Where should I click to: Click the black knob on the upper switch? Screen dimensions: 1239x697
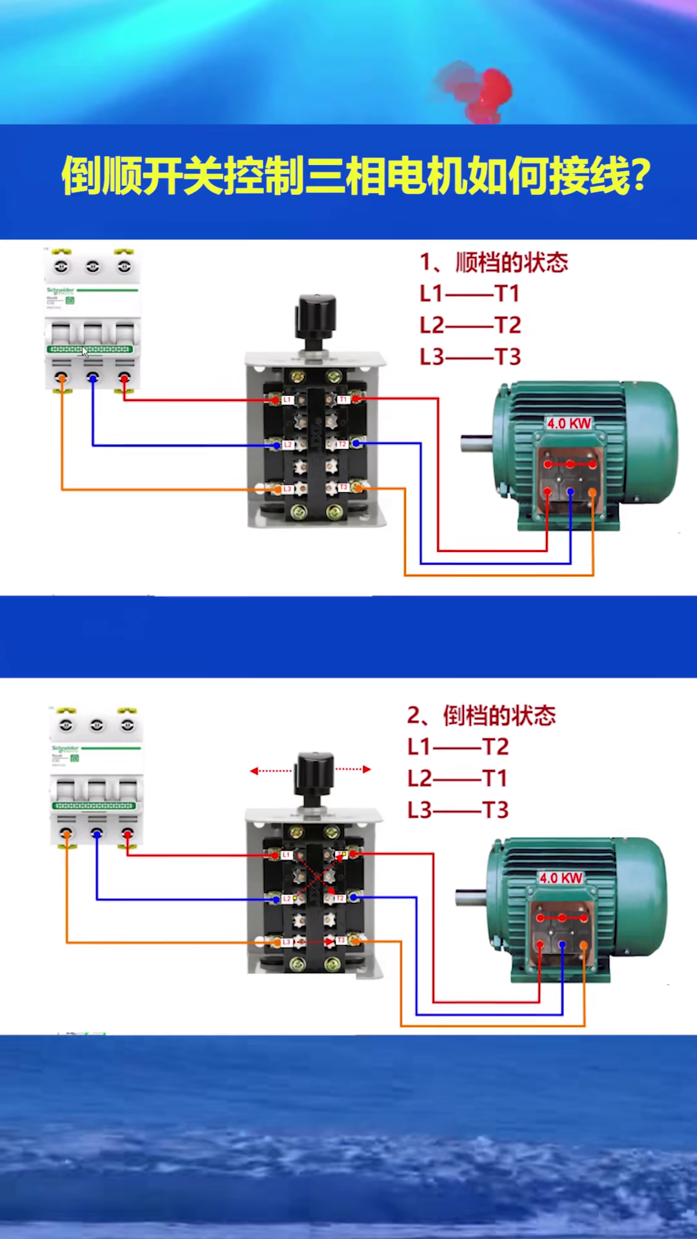pyautogui.click(x=316, y=317)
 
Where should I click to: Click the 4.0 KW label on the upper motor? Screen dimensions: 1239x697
pyautogui.click(x=569, y=423)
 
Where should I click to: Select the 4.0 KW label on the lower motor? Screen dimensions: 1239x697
pyautogui.click(x=561, y=878)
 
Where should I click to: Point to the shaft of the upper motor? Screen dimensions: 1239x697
pyautogui.click(x=476, y=443)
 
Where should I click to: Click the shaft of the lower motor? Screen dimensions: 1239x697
pyautogui.click(x=470, y=898)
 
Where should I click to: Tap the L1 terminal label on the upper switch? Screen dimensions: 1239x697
pyautogui.click(x=287, y=400)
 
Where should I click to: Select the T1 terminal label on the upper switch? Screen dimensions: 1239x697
pyautogui.click(x=343, y=400)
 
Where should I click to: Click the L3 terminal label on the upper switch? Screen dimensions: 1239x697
pyautogui.click(x=287, y=489)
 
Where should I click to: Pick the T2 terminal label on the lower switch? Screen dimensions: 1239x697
pyautogui.click(x=339, y=898)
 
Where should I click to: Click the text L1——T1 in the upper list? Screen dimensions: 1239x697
pyautogui.click(x=469, y=294)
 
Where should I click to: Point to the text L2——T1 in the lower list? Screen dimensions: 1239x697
pyautogui.click(x=457, y=778)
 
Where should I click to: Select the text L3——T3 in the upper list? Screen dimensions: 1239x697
pyautogui.click(x=470, y=357)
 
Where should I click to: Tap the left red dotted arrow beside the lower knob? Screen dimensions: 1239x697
pyautogui.click(x=270, y=771)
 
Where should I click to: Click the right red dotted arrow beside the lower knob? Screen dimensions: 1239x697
pyautogui.click(x=354, y=769)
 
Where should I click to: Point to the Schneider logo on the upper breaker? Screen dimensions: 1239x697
pyautogui.click(x=60, y=290)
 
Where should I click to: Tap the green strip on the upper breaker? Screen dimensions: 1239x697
pyautogui.click(x=90, y=349)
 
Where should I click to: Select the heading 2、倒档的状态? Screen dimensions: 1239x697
pyautogui.click(x=481, y=716)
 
